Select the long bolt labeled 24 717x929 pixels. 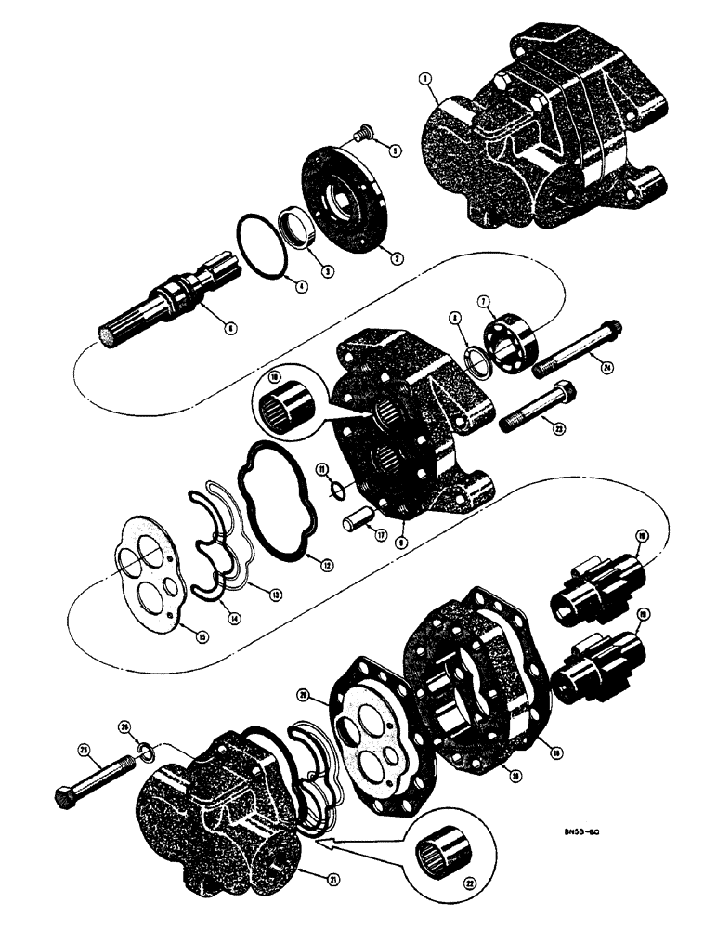[x=576, y=353]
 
